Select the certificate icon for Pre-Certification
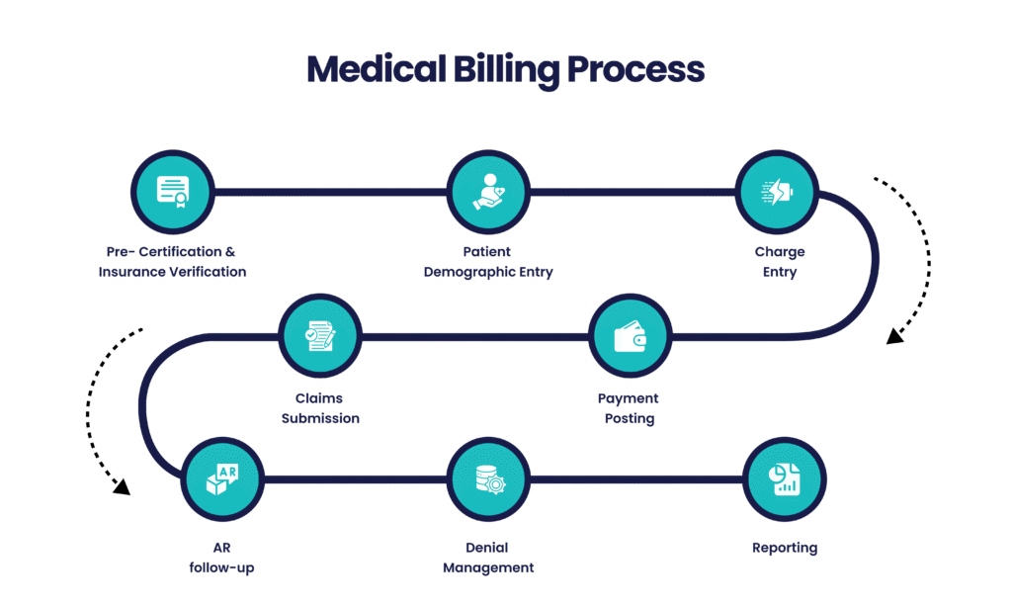click(x=173, y=192)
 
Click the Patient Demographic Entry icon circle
click(x=488, y=192)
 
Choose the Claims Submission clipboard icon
click(x=320, y=336)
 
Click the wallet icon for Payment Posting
click(x=630, y=336)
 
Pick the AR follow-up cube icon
click(x=222, y=480)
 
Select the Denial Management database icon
click(x=488, y=480)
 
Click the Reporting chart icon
click(x=784, y=480)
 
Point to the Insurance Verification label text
click(x=173, y=271)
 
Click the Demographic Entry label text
click(x=488, y=271)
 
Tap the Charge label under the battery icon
click(x=779, y=252)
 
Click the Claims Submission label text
click(x=320, y=408)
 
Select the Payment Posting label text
click(x=628, y=408)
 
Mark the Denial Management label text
click(x=488, y=558)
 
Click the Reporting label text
click(x=784, y=548)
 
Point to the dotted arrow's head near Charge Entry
click(x=894, y=338)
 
